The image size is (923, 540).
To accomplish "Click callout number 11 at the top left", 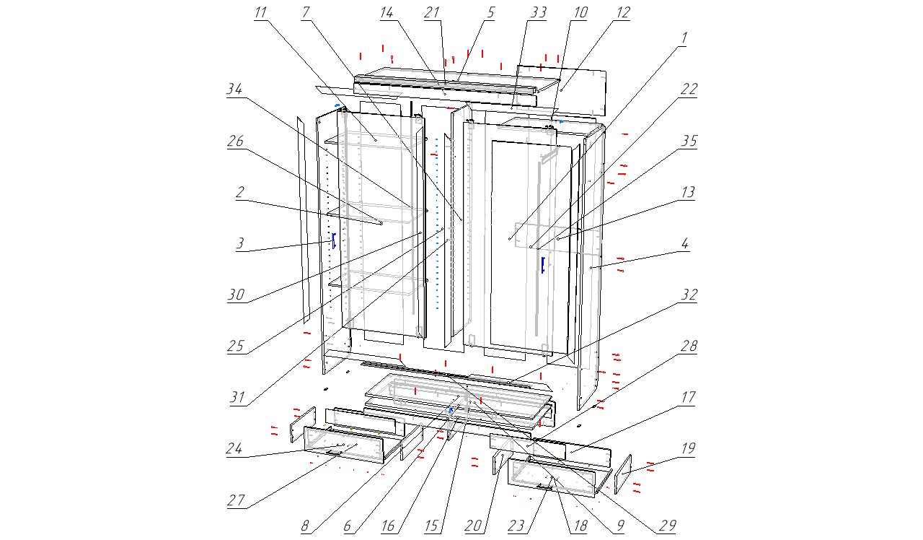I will tap(260, 13).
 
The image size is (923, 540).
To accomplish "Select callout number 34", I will tap(234, 89).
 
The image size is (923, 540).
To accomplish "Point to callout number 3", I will tap(239, 244).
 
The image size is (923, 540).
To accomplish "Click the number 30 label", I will tap(237, 295).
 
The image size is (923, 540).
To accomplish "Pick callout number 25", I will tap(237, 346).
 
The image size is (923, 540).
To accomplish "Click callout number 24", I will tap(234, 448).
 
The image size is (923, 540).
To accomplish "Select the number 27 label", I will tap(236, 501).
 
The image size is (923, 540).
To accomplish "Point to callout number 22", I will tap(689, 89).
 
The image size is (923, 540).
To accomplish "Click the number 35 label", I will tap(689, 141).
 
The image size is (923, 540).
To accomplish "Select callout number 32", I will tap(689, 295).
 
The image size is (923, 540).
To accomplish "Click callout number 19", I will tap(688, 448).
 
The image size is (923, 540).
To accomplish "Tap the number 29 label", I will tap(667, 526).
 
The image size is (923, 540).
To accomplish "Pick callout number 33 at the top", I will tap(539, 13).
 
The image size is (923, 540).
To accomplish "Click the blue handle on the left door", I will tap(334, 240).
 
